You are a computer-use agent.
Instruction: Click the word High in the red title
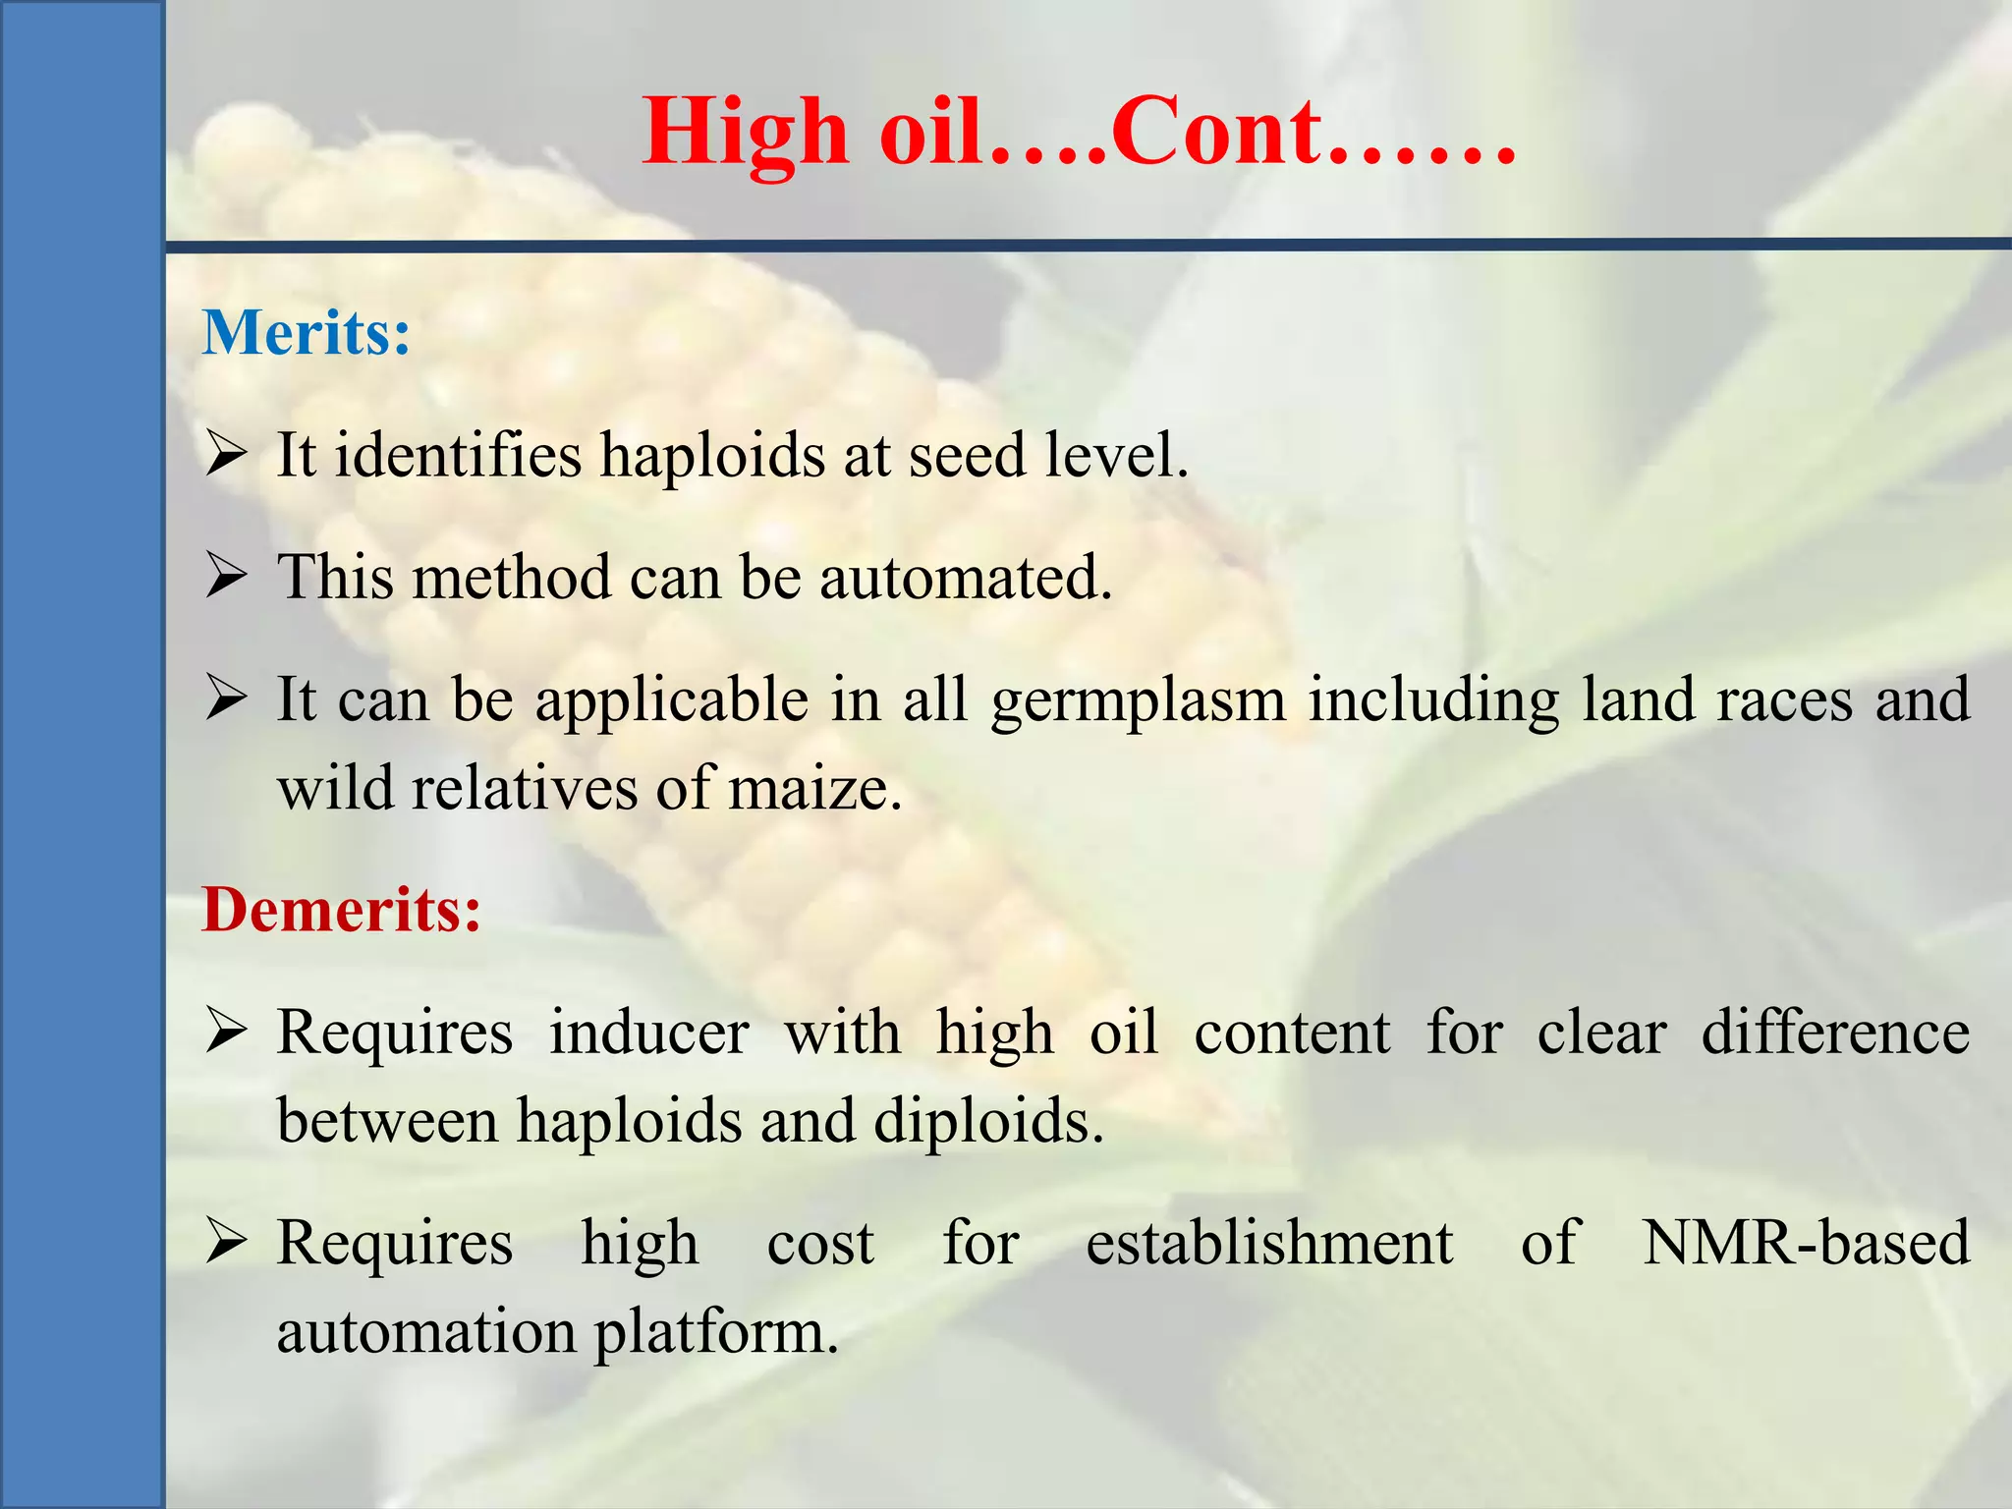745,133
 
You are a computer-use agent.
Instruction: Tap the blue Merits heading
306,333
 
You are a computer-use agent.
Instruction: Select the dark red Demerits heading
341,909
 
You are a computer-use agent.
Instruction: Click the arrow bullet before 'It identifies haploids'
226,456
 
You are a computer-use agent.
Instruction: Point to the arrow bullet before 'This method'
226,577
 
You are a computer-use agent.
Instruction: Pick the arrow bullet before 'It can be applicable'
226,699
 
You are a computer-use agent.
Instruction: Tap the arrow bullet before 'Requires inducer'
226,1033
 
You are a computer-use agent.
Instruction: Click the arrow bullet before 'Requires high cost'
226,1243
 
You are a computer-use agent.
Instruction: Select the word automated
966,577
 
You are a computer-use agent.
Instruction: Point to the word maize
814,788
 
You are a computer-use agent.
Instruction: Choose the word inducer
648,1033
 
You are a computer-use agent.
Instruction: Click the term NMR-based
1806,1243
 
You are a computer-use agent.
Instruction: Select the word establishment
1269,1243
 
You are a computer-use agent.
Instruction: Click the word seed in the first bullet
967,456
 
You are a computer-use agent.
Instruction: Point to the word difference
1835,1033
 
